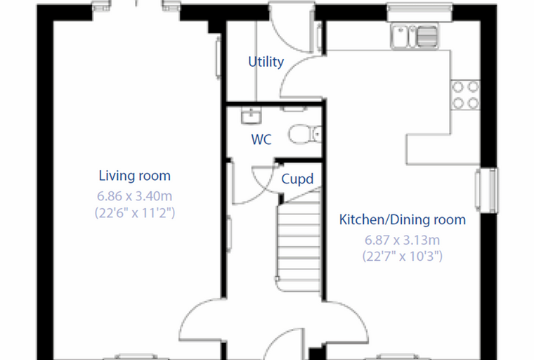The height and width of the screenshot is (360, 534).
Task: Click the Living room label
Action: [x=134, y=176]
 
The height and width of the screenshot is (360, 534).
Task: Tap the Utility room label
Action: [x=266, y=62]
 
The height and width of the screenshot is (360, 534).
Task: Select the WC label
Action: [x=261, y=139]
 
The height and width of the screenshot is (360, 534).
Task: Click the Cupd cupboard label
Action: [x=297, y=179]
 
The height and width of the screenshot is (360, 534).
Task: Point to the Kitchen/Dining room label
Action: [x=402, y=220]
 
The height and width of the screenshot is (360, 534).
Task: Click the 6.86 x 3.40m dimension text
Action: [x=134, y=196]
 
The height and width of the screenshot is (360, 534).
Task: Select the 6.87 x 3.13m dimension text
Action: [x=402, y=240]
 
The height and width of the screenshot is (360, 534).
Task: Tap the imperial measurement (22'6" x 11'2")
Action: [x=135, y=213]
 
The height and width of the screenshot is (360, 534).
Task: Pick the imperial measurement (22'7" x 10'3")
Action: [x=402, y=256]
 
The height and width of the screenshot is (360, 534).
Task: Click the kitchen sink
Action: [x=415, y=36]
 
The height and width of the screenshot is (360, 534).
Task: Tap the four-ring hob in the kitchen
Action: [x=466, y=95]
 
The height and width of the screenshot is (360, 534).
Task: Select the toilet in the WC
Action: [x=305, y=134]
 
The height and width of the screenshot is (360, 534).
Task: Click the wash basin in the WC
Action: [x=252, y=115]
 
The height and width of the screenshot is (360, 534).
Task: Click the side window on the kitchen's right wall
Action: [x=487, y=191]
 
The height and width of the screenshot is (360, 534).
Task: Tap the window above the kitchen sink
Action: [x=420, y=12]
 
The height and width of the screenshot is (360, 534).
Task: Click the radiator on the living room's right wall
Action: [x=218, y=58]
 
